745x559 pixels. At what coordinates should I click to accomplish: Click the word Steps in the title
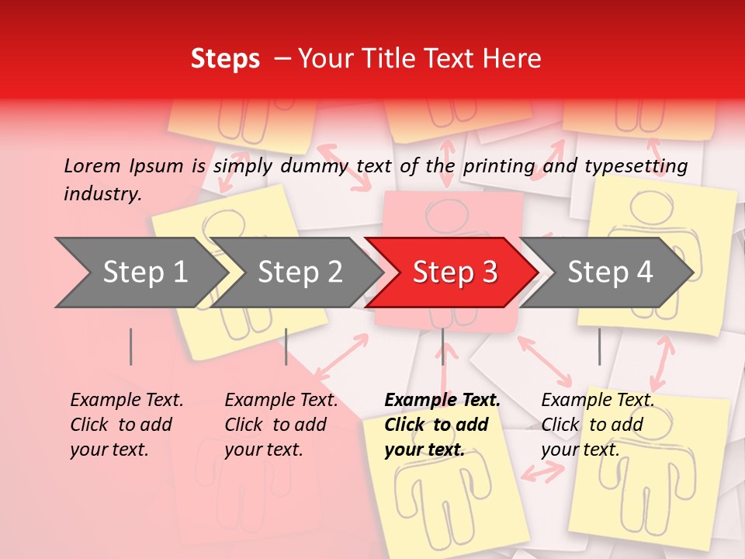click(225, 59)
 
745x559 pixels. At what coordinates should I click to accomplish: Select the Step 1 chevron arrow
click(140, 273)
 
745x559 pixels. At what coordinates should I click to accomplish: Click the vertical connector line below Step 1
click(131, 346)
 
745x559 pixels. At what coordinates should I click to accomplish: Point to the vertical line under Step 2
click(286, 346)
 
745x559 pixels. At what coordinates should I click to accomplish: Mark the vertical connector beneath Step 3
click(442, 346)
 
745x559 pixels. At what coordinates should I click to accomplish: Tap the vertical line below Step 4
click(599, 346)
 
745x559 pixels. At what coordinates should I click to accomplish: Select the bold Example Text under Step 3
click(442, 424)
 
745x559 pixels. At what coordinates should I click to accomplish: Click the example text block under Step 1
click(126, 424)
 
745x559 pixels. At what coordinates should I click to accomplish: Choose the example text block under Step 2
click(281, 424)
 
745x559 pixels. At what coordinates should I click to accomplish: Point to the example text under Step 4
click(597, 424)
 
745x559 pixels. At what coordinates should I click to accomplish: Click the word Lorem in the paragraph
click(92, 165)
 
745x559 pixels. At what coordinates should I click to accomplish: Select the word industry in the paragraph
click(102, 193)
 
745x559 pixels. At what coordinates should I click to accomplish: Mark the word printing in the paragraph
click(499, 166)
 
